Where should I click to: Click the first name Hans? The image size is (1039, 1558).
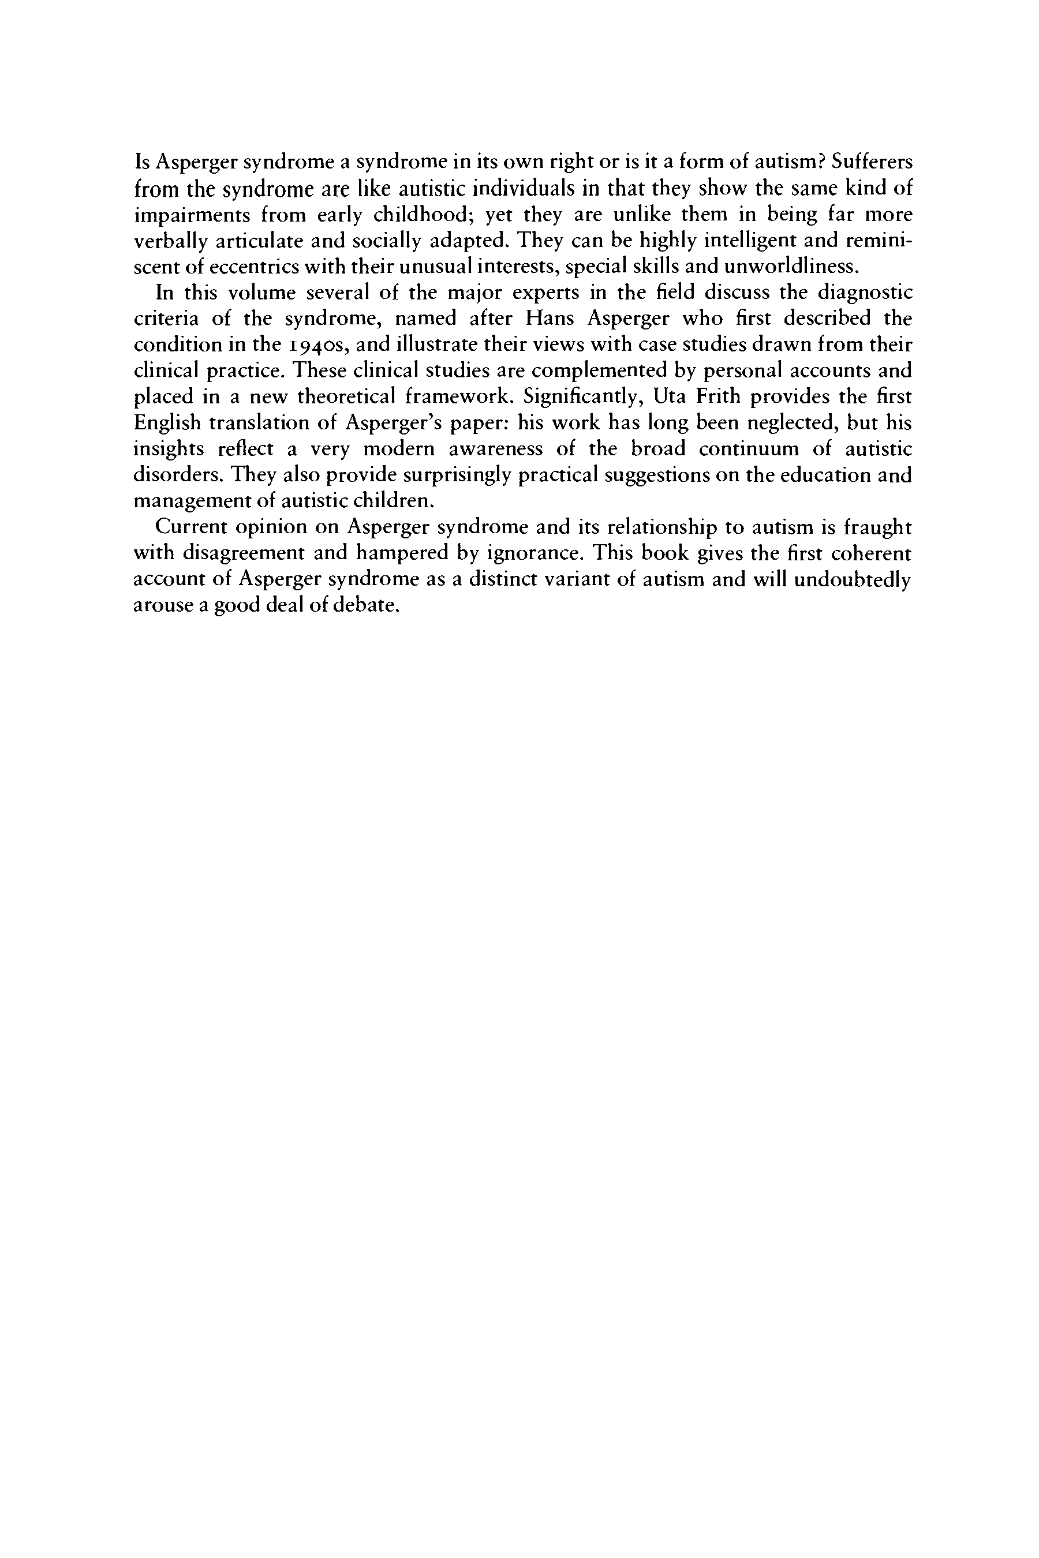point(550,319)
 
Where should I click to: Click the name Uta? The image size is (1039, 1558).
point(668,397)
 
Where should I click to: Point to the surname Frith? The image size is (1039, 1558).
point(722,397)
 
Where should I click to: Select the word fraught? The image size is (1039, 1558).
point(878,527)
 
